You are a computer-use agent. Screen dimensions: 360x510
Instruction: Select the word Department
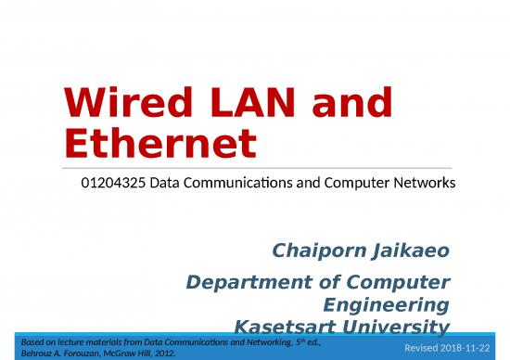pyautogui.click(x=248, y=282)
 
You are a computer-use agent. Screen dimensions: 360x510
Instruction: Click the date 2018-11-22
pyautogui.click(x=471, y=347)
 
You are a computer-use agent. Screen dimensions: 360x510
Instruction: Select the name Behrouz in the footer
pyautogui.click(x=39, y=354)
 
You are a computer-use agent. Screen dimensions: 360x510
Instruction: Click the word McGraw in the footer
pyautogui.click(x=145, y=354)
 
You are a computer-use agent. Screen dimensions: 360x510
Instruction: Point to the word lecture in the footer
pyautogui.click(x=76, y=342)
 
